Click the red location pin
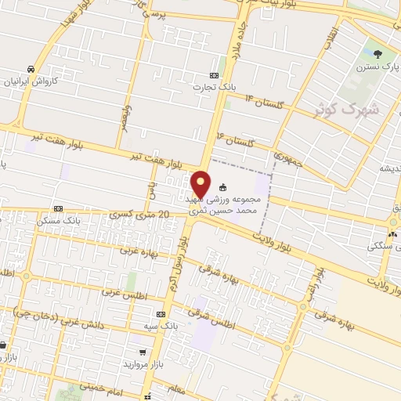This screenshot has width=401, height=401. tap(201, 183)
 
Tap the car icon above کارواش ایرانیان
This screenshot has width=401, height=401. tap(31, 69)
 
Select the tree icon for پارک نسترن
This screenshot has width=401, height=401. tap(379, 53)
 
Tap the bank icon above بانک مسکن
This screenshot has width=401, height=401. tap(58, 209)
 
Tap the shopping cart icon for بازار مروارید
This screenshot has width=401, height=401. tap(142, 352)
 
